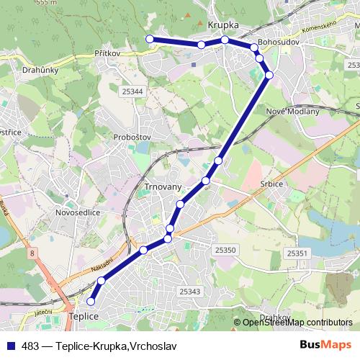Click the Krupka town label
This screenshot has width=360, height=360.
[x=222, y=24]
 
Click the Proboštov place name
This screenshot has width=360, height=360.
[x=131, y=136]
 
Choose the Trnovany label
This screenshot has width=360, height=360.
[x=163, y=186]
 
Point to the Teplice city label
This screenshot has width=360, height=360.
[x=82, y=316]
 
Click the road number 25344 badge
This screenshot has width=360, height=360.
[x=132, y=91]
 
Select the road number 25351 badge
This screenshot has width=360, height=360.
[x=297, y=253]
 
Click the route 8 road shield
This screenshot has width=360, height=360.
[x=32, y=253]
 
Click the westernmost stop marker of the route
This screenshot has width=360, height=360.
[x=150, y=39]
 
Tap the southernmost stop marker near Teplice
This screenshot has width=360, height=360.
[x=91, y=302]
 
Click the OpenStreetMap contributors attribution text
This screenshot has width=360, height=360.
[x=297, y=323]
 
